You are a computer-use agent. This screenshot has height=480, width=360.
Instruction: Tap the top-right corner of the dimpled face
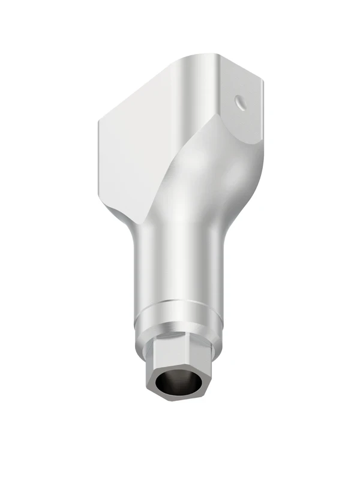262,79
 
